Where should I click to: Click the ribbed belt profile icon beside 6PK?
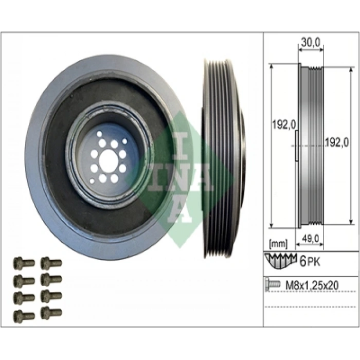(280, 260)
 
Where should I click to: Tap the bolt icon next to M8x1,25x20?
(273, 284)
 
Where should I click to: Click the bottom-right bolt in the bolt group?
(51, 312)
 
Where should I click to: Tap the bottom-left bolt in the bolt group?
(24, 315)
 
